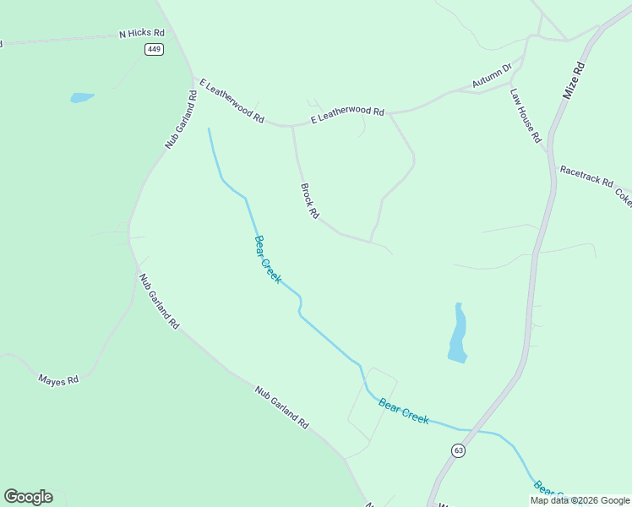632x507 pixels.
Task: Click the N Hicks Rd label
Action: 141,34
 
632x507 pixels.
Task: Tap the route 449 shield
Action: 154,49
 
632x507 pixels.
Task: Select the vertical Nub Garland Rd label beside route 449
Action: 181,119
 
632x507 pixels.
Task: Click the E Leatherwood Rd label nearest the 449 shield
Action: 232,101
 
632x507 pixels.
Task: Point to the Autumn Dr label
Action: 493,77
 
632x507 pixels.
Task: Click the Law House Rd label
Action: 525,116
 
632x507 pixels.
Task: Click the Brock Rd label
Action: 309,202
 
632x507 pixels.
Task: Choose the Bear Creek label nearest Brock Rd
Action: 267,259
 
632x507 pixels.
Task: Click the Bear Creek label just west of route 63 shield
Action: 404,411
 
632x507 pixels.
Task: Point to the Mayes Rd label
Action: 58,380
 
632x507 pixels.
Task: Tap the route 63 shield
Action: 458,450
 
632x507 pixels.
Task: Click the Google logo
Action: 28,496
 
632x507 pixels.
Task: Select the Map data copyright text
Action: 580,500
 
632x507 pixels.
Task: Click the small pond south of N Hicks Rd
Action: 82,98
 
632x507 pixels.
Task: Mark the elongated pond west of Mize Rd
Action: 457,335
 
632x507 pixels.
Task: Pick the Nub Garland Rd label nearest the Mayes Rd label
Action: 159,301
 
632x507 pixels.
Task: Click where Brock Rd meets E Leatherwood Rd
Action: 292,127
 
